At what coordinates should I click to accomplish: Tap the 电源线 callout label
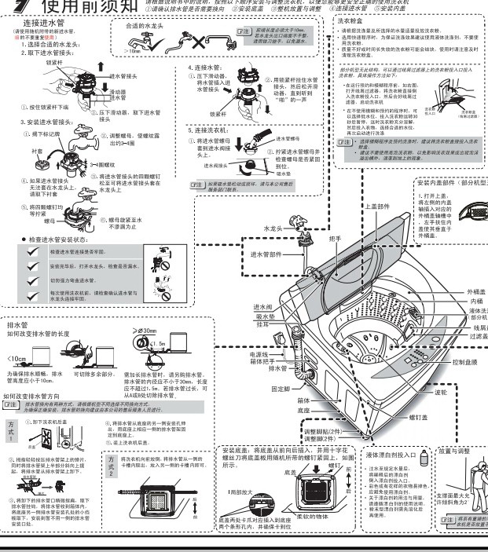pos(263,354)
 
